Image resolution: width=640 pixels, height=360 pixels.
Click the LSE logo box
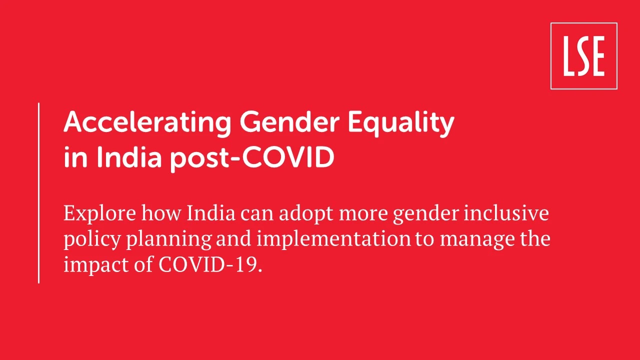point(583,56)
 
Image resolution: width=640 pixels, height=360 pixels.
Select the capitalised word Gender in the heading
point(289,121)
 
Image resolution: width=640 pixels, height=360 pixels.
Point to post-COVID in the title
point(252,158)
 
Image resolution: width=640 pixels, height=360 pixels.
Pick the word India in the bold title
point(129,156)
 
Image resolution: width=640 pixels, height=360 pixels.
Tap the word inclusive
point(506,213)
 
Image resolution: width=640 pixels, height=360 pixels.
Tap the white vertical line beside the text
point(38,193)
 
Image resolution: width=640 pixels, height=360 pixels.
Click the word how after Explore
point(161,213)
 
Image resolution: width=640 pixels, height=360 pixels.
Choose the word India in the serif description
point(211,213)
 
